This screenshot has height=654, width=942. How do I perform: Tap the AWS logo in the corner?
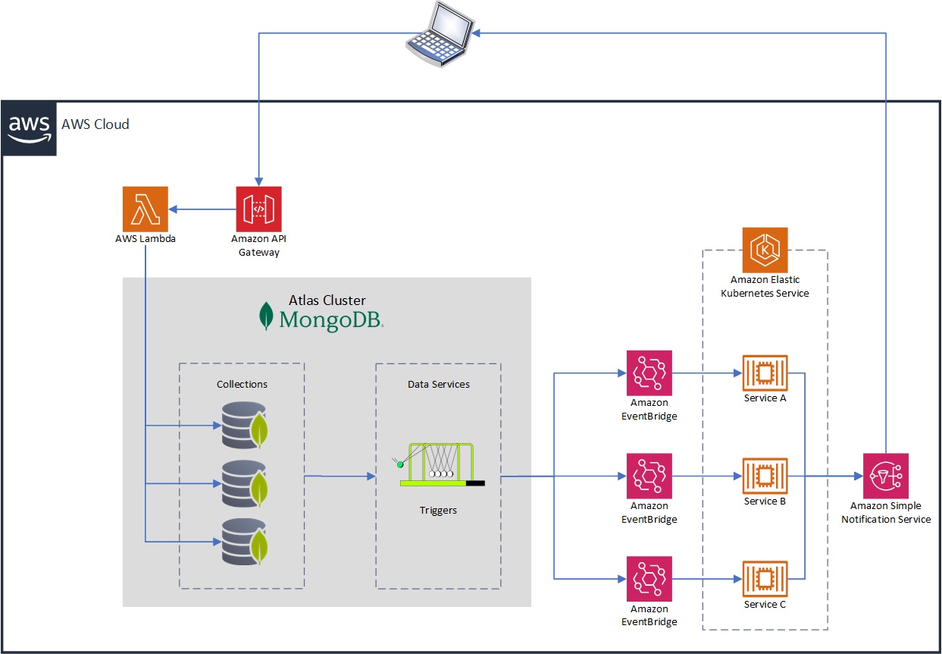[x=30, y=128]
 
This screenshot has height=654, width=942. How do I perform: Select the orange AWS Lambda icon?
[x=145, y=209]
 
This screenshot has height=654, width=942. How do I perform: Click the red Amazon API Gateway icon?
[x=258, y=209]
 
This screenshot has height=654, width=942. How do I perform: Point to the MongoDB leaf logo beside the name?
[x=266, y=316]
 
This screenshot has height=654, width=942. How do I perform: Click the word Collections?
[x=242, y=384]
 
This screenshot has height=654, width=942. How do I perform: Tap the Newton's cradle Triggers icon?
[x=439, y=464]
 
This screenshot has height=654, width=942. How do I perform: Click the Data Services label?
[x=439, y=384]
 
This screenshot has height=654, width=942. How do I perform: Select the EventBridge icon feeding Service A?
[x=649, y=373]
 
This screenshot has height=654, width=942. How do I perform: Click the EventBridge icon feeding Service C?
[x=649, y=579]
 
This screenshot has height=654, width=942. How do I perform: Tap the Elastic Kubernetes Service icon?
[x=765, y=250]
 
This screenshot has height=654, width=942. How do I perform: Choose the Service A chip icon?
[x=765, y=373]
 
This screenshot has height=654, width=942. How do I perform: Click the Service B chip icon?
[x=765, y=476]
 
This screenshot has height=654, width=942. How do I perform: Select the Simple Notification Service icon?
[x=885, y=476]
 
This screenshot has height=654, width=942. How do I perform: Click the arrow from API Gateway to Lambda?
[x=201, y=209]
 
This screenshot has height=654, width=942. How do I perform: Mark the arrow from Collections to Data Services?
[x=340, y=476]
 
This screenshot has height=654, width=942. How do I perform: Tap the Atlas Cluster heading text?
[x=327, y=300]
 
